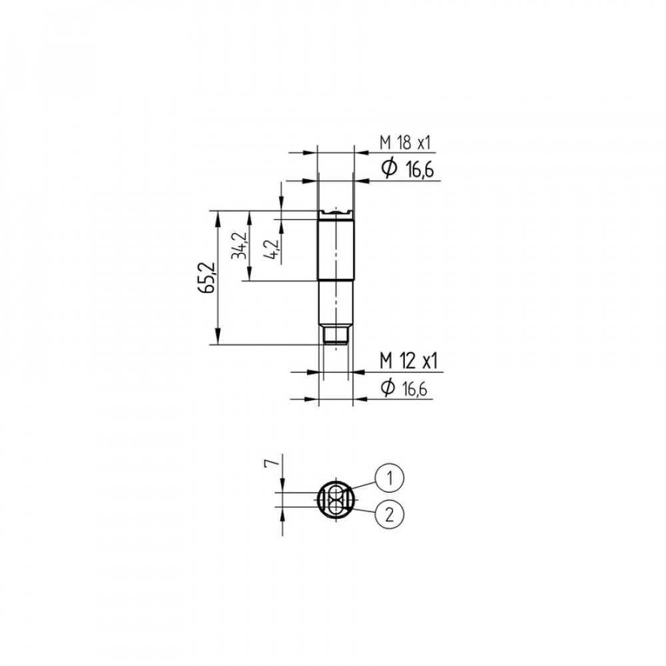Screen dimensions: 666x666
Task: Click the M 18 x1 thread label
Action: tap(405, 143)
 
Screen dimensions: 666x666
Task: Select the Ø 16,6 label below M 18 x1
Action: tap(408, 169)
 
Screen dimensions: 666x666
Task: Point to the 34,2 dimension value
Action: tap(238, 246)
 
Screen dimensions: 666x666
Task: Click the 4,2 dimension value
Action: tap(272, 249)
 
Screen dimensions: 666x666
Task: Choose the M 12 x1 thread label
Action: tap(408, 361)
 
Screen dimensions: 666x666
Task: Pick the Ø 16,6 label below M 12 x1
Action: tap(404, 388)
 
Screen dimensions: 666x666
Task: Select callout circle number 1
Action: tap(389, 478)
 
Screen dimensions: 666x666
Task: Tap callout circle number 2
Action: tap(389, 514)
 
